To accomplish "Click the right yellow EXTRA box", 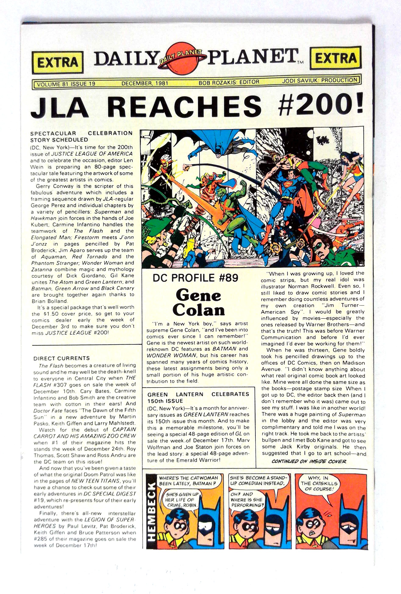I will (336, 58).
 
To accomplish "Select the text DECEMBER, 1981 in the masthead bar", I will (144, 83).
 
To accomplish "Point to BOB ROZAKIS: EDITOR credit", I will (229, 82).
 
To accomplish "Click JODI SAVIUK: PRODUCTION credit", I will (320, 80).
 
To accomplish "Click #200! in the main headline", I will (321, 105).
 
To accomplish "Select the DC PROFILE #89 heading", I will (196, 278).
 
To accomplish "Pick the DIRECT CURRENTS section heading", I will (62, 358).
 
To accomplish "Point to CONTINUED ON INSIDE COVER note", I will (309, 461).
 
